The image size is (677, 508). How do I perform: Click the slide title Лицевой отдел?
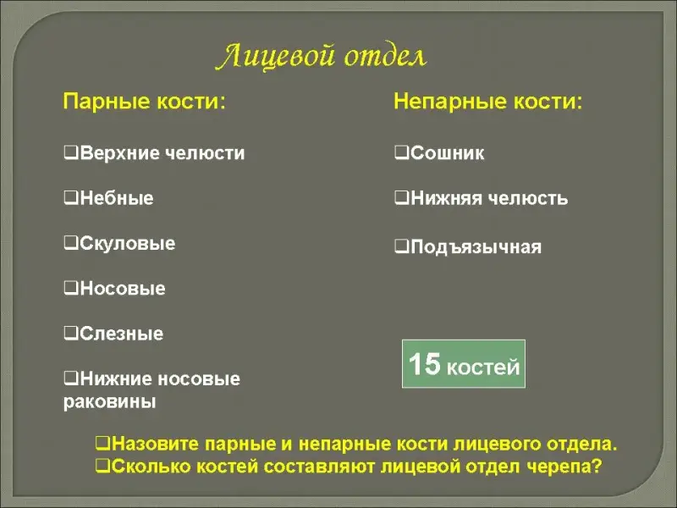322,56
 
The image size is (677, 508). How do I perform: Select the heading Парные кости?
144,102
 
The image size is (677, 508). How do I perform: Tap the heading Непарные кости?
488,102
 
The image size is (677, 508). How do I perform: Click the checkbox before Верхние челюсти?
70,152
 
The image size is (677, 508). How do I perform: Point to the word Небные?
117,198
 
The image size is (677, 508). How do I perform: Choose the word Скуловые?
128,243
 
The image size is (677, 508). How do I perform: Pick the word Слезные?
121,334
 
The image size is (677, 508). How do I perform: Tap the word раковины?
110,401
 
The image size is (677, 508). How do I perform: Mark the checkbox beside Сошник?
401,152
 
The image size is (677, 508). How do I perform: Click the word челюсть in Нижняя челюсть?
527,198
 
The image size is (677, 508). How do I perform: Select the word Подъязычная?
476,247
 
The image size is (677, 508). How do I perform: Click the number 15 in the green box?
425,363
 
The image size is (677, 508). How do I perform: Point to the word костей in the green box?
483,367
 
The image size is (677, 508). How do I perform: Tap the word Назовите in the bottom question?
155,444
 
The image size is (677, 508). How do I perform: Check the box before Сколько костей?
102,465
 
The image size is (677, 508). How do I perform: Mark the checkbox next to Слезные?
70,333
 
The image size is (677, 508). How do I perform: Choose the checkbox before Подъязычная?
401,246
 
